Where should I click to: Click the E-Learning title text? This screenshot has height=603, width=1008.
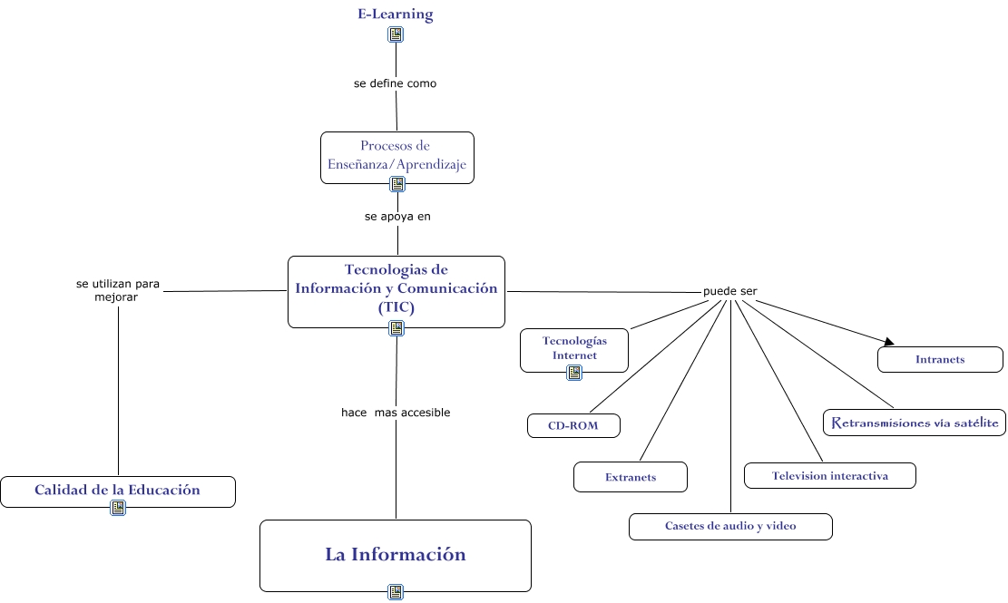[395, 15]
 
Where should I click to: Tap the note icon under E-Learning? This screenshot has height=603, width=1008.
[396, 34]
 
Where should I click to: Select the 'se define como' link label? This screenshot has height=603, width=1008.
[395, 83]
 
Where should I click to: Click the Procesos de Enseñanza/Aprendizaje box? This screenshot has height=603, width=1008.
[396, 156]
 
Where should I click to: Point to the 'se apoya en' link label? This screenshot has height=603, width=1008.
[397, 217]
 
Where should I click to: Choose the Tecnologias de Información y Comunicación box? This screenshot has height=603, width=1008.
[396, 289]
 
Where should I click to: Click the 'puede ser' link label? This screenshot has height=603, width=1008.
[729, 291]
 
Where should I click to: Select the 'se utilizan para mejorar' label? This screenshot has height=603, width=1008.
[117, 290]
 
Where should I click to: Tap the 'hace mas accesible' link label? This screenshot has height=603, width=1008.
[396, 413]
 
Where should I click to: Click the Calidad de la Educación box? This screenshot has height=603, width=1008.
[117, 491]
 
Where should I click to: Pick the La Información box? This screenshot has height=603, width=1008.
[396, 555]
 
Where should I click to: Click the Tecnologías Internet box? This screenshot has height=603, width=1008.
[573, 349]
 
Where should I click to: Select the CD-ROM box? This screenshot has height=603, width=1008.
[573, 425]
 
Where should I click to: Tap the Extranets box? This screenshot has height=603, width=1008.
[631, 477]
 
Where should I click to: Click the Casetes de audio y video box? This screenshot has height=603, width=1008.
[730, 526]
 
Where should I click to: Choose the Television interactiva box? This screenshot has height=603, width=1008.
[829, 476]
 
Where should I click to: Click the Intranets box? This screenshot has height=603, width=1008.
[940, 359]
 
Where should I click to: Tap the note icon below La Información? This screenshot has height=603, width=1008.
[396, 592]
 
